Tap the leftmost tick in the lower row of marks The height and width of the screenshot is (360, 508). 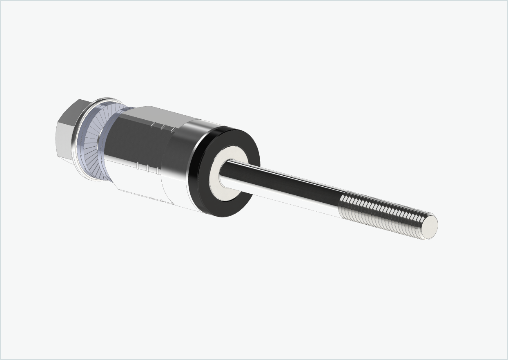pos(138,166)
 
